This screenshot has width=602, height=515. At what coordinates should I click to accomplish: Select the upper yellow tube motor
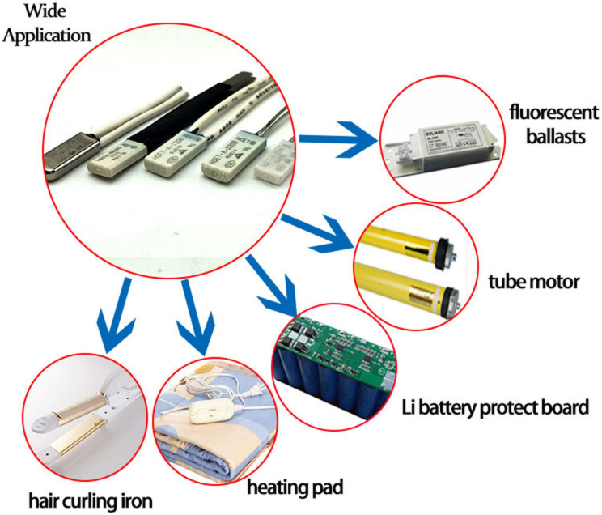[405, 244]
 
